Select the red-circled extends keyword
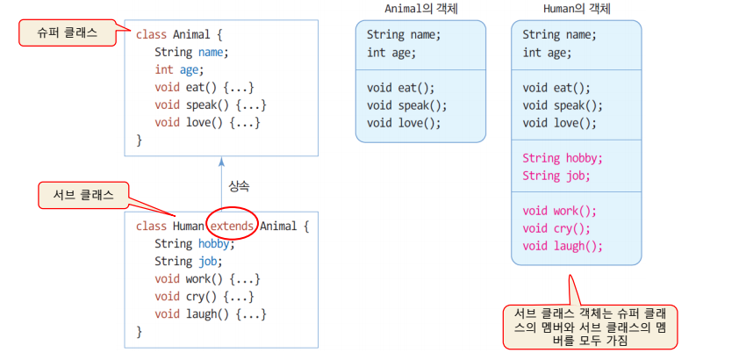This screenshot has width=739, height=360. click(x=232, y=226)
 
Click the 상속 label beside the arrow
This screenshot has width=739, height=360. click(x=239, y=186)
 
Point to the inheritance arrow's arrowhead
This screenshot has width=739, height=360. click(x=221, y=162)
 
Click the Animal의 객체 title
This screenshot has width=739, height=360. click(x=420, y=9)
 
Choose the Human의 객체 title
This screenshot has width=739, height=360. click(x=576, y=9)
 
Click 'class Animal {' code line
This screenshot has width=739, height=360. click(x=179, y=35)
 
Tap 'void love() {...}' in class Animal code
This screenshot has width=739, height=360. click(x=207, y=121)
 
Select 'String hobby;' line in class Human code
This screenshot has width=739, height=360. click(x=190, y=243)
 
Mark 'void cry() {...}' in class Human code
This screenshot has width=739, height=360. click(x=204, y=296)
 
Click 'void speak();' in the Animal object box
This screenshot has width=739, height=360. click(x=407, y=105)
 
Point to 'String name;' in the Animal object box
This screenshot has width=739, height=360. click(x=404, y=35)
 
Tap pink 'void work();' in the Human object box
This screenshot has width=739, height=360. click(x=559, y=211)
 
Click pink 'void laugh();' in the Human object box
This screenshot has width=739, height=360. click(x=563, y=246)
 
